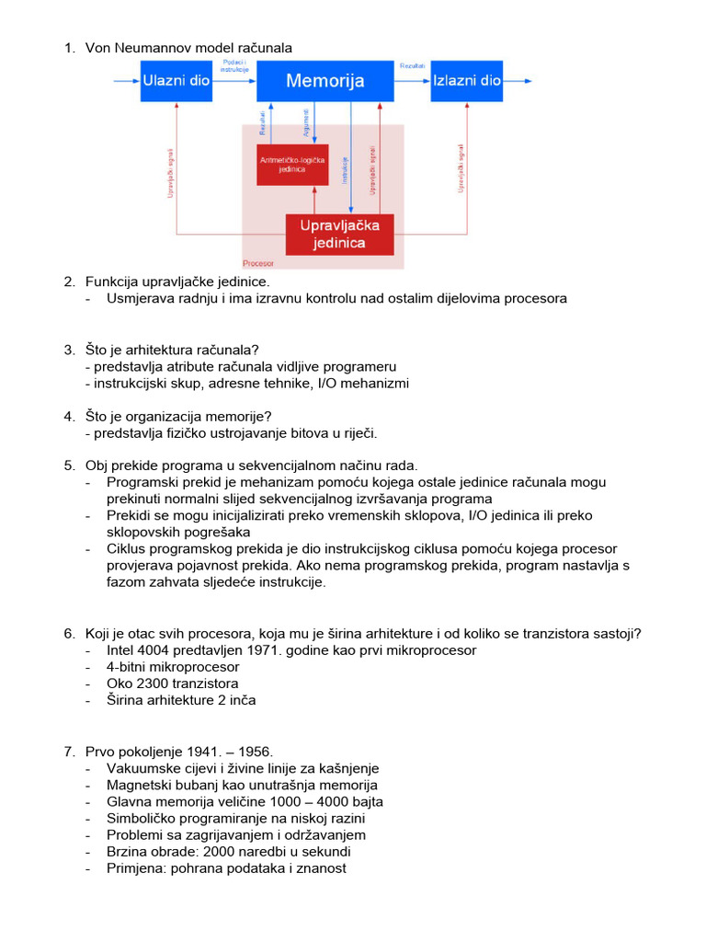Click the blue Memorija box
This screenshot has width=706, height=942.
point(325,81)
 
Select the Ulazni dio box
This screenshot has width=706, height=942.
point(176,81)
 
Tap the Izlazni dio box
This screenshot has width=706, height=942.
point(466,81)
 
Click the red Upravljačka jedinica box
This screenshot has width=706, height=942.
point(339,234)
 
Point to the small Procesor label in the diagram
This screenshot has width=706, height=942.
point(258,263)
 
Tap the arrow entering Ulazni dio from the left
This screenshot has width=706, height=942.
point(126,81)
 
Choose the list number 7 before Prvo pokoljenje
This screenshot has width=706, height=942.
point(69,752)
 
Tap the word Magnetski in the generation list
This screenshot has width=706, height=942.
point(138,785)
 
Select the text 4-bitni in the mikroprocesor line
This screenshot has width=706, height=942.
point(130,667)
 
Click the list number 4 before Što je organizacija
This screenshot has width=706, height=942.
point(69,417)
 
